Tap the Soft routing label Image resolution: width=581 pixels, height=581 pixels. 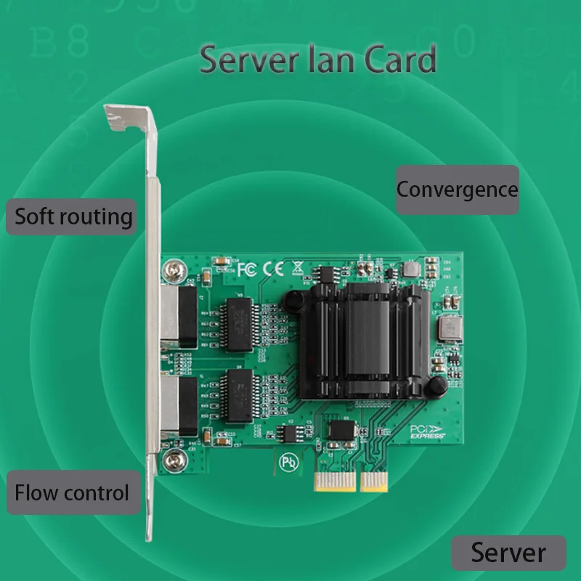pyautogui.click(x=73, y=216)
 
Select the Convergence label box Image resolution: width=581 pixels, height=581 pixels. pyautogui.click(x=457, y=190)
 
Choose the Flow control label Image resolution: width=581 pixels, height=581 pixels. pyautogui.click(x=72, y=493)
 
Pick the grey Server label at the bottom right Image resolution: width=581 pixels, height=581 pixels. pyautogui.click(x=508, y=553)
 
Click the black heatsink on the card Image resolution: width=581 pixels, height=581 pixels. pyautogui.click(x=367, y=340)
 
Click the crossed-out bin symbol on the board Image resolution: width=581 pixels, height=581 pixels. pyautogui.click(x=296, y=268)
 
